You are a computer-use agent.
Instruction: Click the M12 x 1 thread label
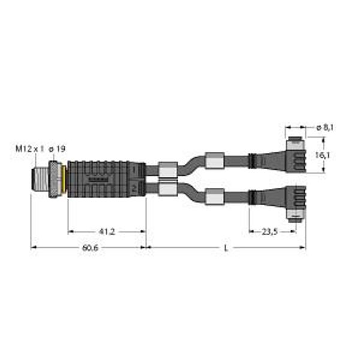coord(29,148)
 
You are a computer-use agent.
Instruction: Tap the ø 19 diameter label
coord(57,148)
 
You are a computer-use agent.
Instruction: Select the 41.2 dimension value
coord(107,231)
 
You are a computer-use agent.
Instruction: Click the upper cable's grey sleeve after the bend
coord(214,161)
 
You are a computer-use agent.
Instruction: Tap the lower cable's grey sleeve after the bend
coord(214,196)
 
